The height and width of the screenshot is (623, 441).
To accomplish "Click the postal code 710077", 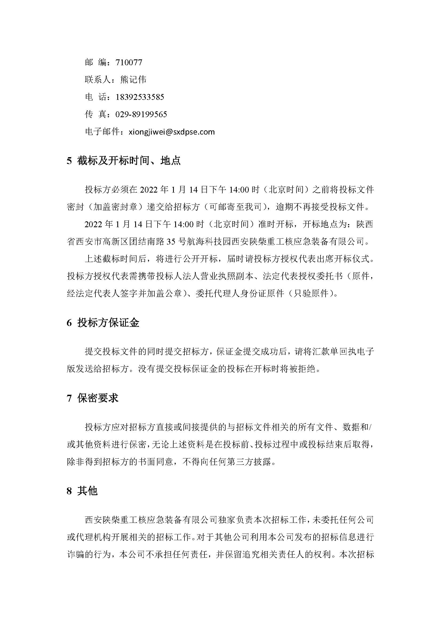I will point(129,62).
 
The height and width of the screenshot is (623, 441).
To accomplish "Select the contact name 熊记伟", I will point(133,79).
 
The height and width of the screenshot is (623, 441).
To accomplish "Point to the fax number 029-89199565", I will point(141,114).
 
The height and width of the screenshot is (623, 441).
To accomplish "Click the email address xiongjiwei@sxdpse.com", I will point(172,132).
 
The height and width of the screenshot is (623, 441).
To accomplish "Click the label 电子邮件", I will point(102,132).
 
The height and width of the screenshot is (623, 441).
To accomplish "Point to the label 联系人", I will point(98,79).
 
